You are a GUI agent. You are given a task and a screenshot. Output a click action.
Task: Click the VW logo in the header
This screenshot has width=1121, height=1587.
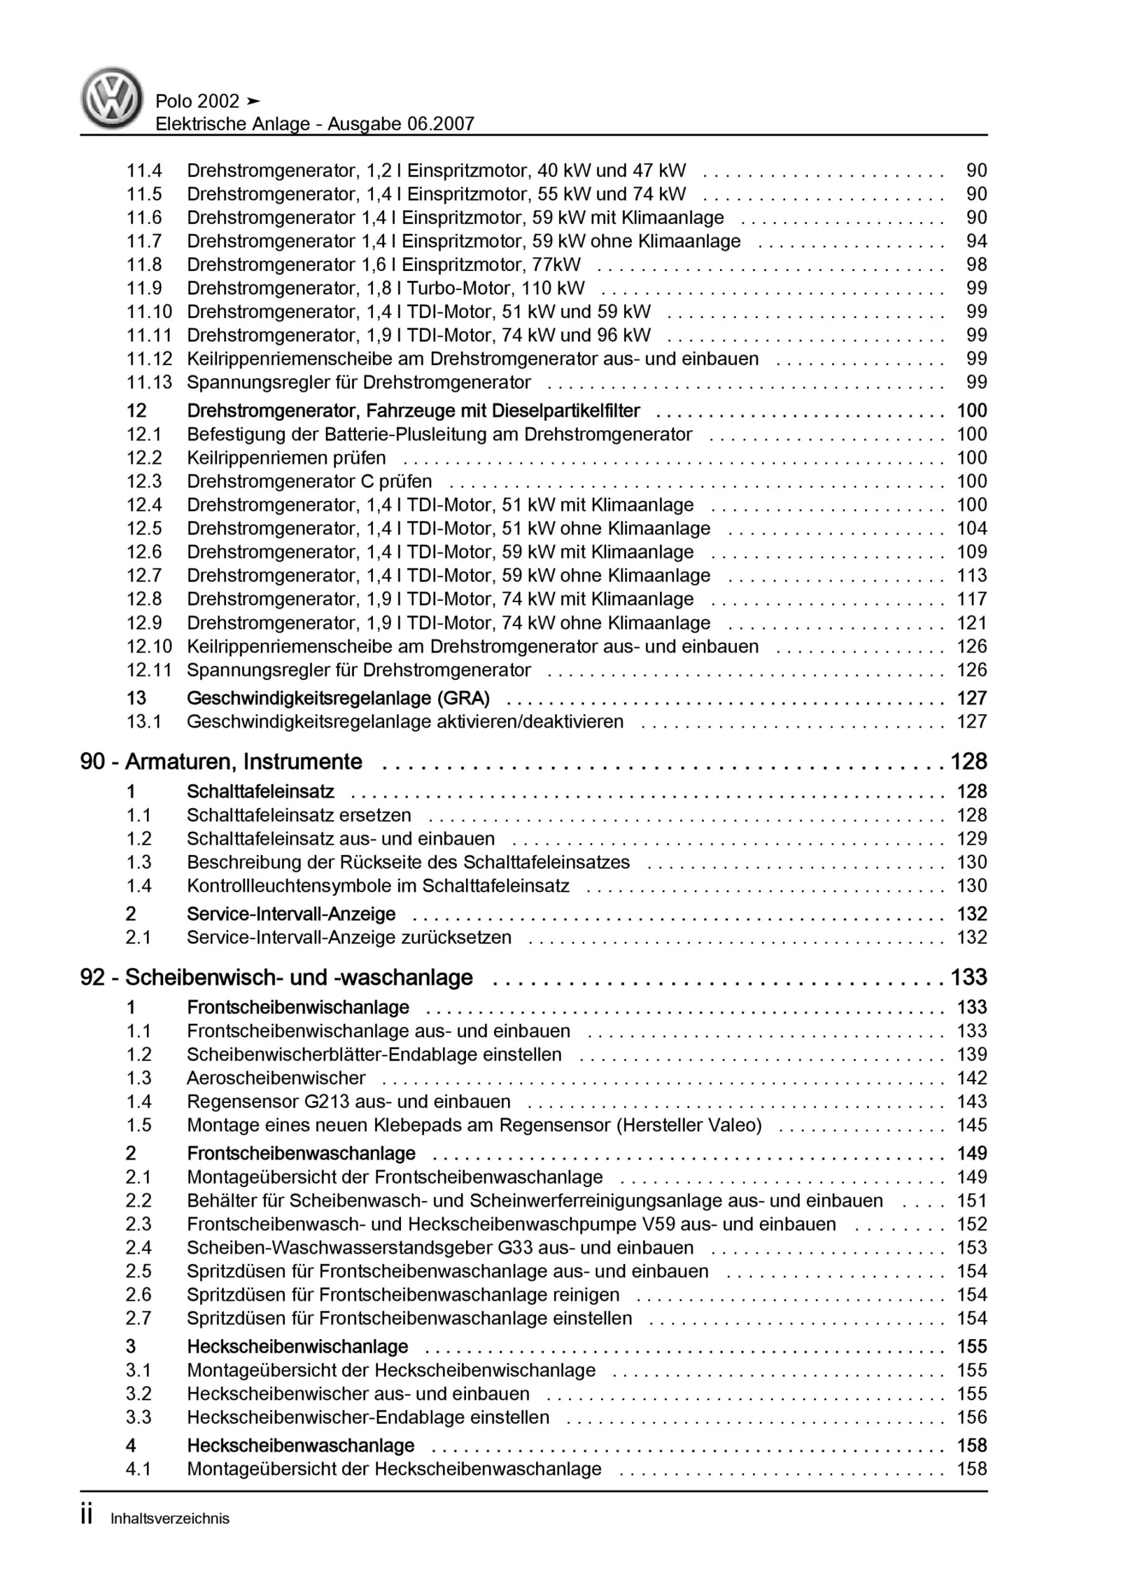pos(112,98)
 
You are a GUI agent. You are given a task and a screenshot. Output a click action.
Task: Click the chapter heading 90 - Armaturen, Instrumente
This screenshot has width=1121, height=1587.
pos(221,762)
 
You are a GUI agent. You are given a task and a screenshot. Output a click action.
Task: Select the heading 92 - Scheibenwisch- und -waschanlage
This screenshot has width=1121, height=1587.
pos(276,978)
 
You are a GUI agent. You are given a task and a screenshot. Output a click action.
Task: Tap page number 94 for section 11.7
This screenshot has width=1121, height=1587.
pos(977,241)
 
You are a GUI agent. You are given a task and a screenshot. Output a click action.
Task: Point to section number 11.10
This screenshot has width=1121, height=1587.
pos(149,312)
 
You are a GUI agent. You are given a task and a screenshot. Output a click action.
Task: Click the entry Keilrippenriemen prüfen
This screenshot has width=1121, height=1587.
pos(286,458)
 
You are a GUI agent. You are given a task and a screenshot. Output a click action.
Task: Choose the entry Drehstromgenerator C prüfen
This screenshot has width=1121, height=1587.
pos(309,481)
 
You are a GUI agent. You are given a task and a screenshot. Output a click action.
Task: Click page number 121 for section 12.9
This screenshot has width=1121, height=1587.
pos(972,623)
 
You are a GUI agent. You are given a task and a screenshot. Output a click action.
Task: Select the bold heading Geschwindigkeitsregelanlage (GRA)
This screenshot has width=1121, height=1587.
pos(338,698)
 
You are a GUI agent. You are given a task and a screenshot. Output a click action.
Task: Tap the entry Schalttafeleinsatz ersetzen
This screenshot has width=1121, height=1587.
pos(299,815)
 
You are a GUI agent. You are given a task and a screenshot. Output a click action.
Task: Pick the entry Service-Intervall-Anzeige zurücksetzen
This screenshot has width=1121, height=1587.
pos(349,937)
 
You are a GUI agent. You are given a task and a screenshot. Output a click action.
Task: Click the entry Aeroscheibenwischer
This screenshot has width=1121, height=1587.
pos(276,1077)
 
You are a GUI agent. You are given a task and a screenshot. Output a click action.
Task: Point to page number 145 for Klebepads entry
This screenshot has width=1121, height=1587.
pos(972,1125)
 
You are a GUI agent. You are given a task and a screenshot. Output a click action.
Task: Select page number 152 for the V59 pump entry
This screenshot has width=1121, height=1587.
pos(972,1224)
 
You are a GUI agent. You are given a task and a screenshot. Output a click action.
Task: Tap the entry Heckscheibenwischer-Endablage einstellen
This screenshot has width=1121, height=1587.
pos(367,1417)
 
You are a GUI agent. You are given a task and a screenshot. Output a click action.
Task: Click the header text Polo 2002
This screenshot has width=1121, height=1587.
pos(197,102)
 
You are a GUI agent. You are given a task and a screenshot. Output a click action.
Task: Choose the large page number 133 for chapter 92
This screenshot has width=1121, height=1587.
pos(969,978)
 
